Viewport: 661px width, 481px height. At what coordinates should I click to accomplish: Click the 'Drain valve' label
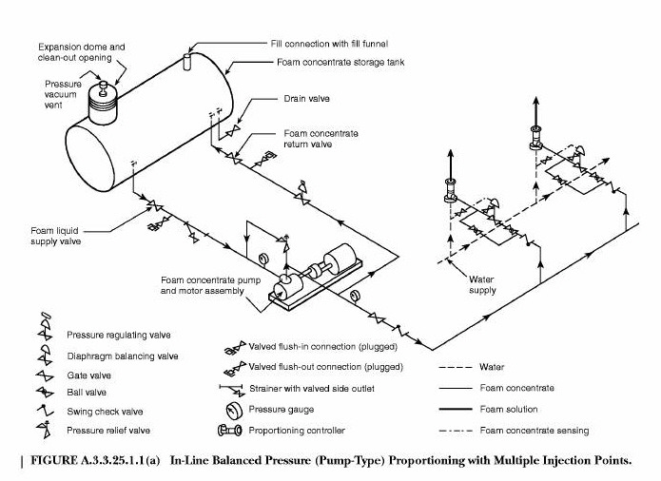pos(305,98)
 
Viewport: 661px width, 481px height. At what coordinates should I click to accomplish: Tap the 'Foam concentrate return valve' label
pos(321,139)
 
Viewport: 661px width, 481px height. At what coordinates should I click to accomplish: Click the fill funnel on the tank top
pos(187,62)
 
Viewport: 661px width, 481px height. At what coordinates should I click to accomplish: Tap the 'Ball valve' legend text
pos(87,393)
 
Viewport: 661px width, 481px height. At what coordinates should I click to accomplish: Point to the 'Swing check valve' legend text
pos(104,412)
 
